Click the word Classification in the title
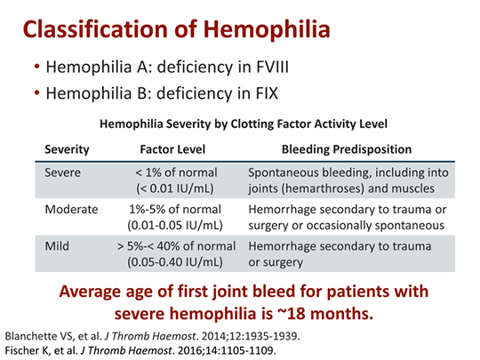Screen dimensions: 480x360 point(95,29)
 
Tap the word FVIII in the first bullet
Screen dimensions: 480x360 point(272,67)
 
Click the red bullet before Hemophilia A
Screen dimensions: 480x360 point(37,67)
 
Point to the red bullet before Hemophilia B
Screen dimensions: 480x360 point(37,92)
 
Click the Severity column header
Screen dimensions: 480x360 point(67,149)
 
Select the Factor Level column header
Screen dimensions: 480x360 point(172,149)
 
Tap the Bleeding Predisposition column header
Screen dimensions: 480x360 point(347,149)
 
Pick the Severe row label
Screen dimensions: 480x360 point(63,172)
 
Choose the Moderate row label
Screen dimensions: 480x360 point(71,210)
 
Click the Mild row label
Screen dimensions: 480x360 point(57,246)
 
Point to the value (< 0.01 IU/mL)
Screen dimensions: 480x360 point(175,188)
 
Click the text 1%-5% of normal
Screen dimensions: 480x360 point(175,210)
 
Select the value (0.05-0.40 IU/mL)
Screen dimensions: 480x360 point(175,262)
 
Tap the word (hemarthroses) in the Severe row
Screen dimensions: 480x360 point(323,188)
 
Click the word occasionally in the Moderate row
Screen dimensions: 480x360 point(339,226)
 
